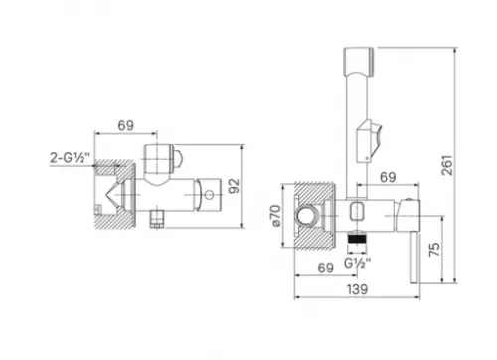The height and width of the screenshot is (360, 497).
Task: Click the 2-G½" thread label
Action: [x=70, y=157]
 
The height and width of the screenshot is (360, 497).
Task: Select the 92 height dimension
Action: [x=234, y=186]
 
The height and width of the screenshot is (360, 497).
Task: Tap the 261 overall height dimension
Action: [x=447, y=165]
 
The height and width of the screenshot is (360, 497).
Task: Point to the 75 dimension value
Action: [x=435, y=249]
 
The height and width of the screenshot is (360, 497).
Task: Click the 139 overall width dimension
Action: [x=357, y=289]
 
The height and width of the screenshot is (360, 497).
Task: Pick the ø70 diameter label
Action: [x=275, y=216]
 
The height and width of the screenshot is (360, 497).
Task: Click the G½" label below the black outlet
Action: [x=357, y=264]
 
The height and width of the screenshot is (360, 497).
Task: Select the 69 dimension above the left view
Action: [x=126, y=125]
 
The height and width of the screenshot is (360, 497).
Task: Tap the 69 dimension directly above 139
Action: [x=325, y=268]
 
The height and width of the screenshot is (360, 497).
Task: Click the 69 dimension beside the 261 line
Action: [x=388, y=177]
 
